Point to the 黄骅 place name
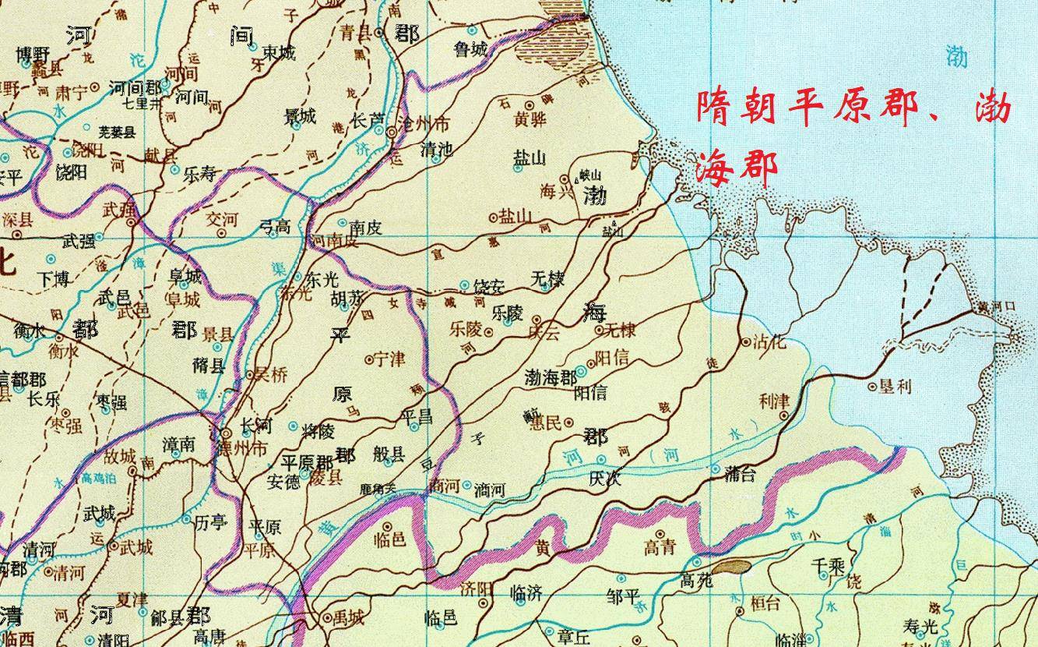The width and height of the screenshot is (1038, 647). click(x=530, y=120)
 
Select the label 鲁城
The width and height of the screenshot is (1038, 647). click(x=470, y=49)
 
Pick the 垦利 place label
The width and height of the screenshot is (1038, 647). click(x=895, y=386)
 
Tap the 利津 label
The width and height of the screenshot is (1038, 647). click(x=774, y=401)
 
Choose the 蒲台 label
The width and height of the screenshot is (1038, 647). click(x=740, y=472)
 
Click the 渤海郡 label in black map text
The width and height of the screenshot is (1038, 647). click(x=551, y=377)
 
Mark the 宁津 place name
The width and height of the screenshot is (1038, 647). click(x=389, y=359)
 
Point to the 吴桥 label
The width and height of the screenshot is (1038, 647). click(x=269, y=375)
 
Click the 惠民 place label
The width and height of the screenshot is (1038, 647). click(x=544, y=422)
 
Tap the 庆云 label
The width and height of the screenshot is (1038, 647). click(x=544, y=331)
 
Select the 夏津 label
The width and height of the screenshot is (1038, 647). click(x=132, y=601)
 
